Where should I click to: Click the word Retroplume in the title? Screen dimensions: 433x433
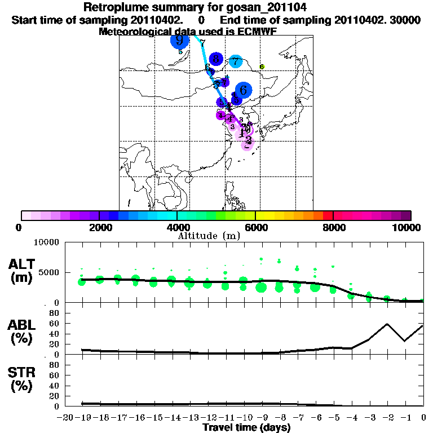(112, 7)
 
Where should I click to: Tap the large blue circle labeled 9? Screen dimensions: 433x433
(179, 40)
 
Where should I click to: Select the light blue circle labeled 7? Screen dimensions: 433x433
(236, 62)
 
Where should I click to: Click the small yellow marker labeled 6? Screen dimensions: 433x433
(262, 67)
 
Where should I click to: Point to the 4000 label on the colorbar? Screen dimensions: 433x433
(176, 228)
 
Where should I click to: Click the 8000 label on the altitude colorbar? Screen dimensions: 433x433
(333, 228)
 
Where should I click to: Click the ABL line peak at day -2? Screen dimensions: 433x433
(387, 324)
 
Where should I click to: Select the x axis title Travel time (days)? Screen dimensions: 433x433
(246, 427)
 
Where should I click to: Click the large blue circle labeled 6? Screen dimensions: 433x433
(243, 89)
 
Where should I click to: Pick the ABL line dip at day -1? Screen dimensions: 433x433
(405, 341)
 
